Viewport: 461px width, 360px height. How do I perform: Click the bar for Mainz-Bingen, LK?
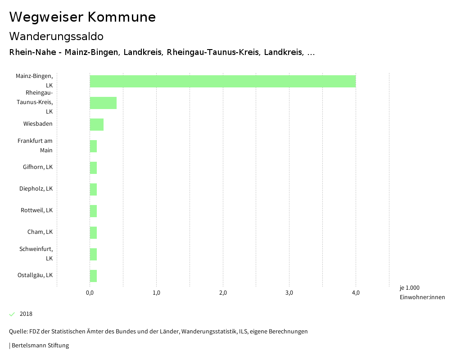(x=222, y=82)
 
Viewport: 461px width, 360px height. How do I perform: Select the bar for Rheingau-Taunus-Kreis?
(x=103, y=103)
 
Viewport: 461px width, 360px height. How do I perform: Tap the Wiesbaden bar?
(x=97, y=124)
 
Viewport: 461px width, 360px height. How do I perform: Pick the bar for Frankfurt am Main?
(x=93, y=146)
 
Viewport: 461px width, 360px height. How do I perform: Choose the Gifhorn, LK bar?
(x=93, y=168)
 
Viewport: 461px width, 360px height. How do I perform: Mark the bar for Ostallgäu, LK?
(x=93, y=276)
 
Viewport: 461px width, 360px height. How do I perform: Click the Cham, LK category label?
(x=40, y=232)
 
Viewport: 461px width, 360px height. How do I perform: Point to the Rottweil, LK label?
(x=37, y=210)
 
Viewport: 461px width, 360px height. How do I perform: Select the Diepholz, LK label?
(x=36, y=189)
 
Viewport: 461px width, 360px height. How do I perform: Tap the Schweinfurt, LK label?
(x=36, y=254)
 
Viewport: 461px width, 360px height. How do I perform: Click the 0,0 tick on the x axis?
(x=90, y=293)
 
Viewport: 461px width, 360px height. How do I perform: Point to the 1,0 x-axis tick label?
(x=156, y=293)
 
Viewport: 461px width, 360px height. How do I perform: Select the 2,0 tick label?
(x=223, y=293)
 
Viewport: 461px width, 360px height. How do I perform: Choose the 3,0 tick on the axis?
(x=289, y=293)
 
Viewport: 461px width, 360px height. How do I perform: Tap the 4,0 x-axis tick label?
(x=356, y=293)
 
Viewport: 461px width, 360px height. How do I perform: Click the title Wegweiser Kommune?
(x=82, y=17)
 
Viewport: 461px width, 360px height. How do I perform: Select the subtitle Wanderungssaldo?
(x=56, y=36)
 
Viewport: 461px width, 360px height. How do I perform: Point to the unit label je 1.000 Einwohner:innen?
(x=422, y=292)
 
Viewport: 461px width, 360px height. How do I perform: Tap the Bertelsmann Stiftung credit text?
(x=40, y=346)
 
